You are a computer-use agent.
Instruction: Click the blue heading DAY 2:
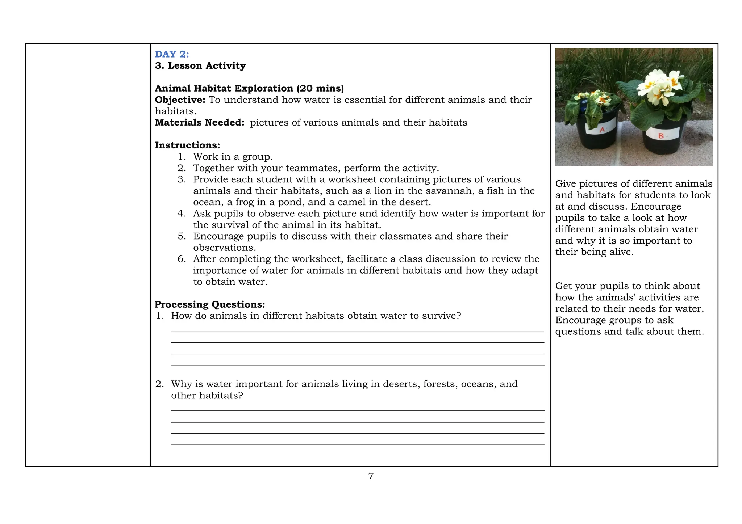coord(172,54)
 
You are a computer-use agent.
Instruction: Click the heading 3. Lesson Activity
coord(200,65)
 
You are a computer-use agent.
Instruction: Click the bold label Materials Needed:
coord(200,123)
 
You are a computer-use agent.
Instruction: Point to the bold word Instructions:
coord(187,145)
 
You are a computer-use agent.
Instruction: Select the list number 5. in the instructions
coord(182,236)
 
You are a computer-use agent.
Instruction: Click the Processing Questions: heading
coord(210,304)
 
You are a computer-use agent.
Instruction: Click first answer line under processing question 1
coord(357,330)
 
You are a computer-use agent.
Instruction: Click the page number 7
coord(371,476)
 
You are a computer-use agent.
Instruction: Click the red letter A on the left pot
coord(602,129)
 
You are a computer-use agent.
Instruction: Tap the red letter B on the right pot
coord(660,136)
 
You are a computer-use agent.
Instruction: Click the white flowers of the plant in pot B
coord(656,87)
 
